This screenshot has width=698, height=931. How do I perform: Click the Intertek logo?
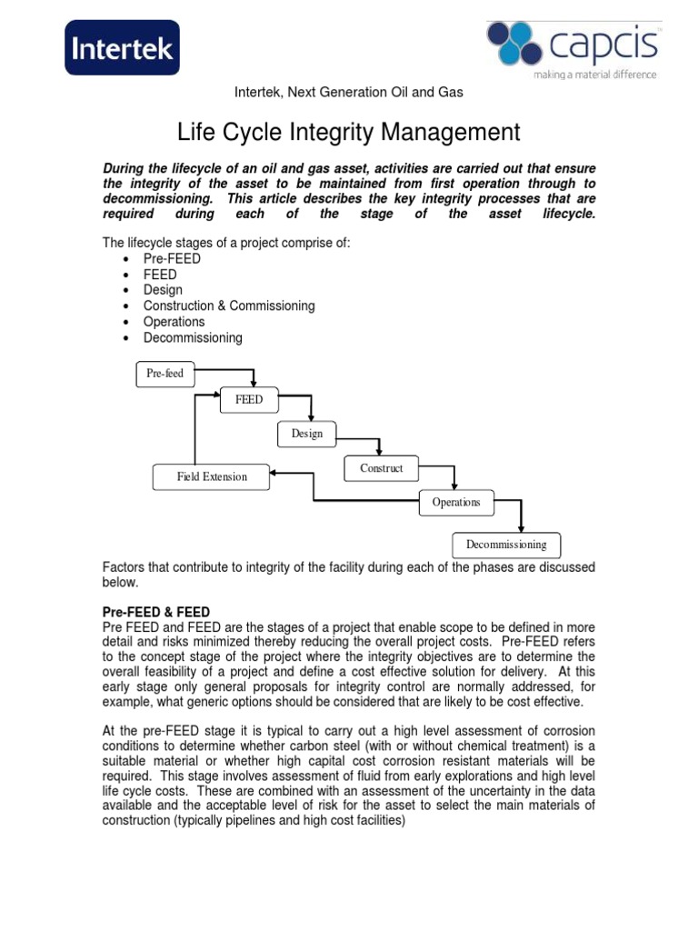122,47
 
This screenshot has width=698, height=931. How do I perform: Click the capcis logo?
572,45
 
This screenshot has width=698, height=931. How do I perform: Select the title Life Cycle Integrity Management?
348,133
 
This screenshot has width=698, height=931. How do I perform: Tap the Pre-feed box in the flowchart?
165,374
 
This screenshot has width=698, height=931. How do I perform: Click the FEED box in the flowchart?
248,399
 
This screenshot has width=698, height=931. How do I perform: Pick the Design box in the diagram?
306,434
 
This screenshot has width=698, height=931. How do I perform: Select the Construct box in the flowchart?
382,468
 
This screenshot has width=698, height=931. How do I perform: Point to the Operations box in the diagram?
456,502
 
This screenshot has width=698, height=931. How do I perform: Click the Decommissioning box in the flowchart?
506,545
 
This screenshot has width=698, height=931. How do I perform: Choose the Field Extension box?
211,476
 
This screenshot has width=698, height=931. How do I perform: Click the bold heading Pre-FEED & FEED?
156,612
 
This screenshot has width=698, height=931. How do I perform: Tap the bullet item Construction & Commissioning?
229,305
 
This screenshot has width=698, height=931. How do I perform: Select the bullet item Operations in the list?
174,322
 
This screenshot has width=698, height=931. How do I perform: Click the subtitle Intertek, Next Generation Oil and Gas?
349,93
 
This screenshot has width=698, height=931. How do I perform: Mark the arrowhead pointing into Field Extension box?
275,473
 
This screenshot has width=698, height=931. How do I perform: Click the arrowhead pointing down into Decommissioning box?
521,528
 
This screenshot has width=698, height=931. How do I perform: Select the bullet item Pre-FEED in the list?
172,258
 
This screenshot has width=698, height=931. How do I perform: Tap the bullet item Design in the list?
163,290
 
